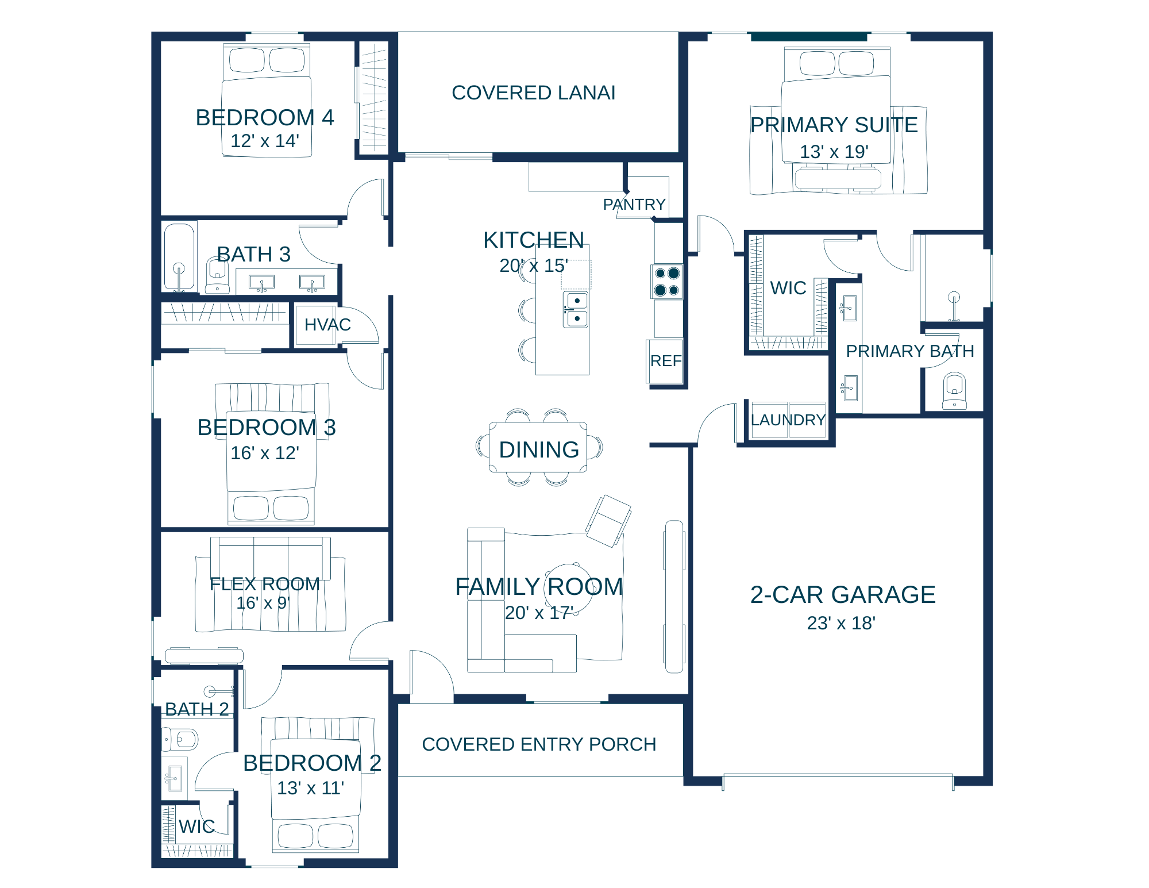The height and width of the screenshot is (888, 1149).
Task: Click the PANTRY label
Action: [x=634, y=205]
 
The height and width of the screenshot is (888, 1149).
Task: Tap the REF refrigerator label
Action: [x=666, y=361]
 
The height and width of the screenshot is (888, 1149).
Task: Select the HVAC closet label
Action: [x=327, y=325]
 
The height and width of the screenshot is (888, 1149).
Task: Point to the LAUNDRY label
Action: [x=788, y=420]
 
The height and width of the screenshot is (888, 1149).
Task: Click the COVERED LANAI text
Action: [x=534, y=93]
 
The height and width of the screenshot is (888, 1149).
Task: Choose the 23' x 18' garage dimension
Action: [x=841, y=623]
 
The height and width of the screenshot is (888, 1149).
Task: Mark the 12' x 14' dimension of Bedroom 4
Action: [x=265, y=141]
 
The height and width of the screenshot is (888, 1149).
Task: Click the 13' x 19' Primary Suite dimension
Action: [x=834, y=152]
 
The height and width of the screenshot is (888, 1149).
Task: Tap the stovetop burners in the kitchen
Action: [x=667, y=282]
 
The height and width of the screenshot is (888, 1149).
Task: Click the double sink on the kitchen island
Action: [x=576, y=309]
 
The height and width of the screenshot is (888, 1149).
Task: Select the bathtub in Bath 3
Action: [x=179, y=256]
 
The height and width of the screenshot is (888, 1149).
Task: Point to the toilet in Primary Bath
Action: [x=954, y=391]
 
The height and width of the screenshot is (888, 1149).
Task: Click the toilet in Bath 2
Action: [x=180, y=739]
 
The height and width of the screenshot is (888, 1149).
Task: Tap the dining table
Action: [x=538, y=448]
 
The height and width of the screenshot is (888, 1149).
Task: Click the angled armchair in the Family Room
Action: [x=608, y=521]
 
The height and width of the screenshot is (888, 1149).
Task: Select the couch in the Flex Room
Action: [x=271, y=559]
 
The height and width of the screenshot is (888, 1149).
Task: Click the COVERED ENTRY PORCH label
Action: [x=539, y=744]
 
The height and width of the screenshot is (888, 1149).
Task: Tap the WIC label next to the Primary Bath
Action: [x=788, y=288]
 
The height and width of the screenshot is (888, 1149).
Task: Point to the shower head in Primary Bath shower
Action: [x=954, y=298]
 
